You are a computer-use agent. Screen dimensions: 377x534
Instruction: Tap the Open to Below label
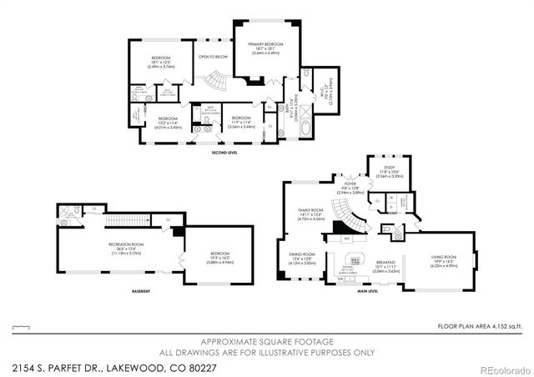coord(212,57)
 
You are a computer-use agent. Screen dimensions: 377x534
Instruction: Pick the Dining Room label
coord(301,257)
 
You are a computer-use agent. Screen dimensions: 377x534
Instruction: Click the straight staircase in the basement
coord(125,220)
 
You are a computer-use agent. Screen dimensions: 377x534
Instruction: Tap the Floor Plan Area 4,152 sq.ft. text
coord(483,326)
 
